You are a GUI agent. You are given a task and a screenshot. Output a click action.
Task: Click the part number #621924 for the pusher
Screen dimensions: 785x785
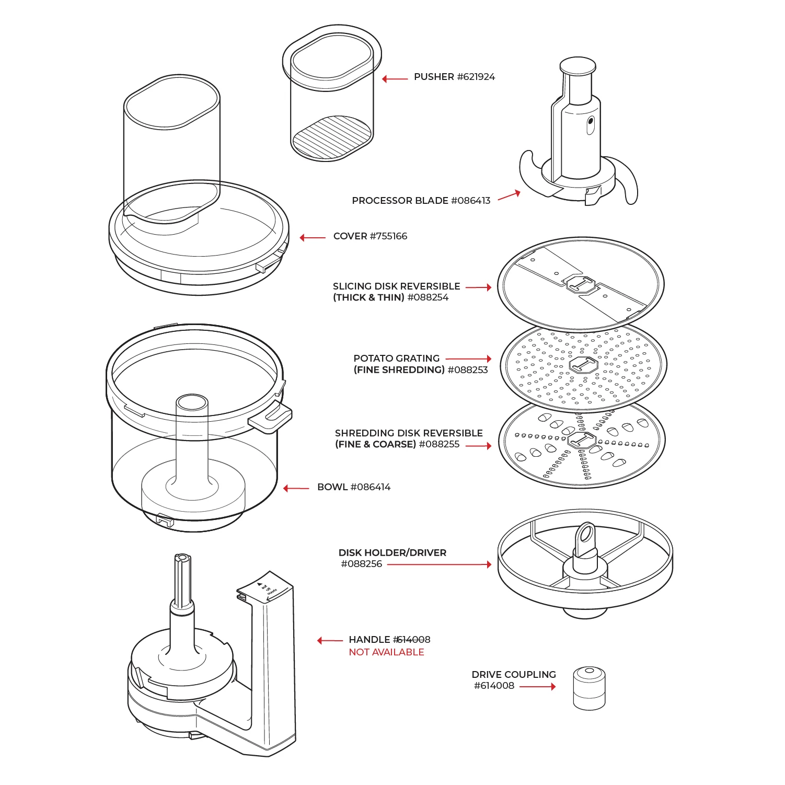pos(476,77)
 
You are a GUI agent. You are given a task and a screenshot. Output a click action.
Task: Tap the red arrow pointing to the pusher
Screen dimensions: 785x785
pos(395,79)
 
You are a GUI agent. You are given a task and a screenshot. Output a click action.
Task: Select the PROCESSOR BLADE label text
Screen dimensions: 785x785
pos(400,201)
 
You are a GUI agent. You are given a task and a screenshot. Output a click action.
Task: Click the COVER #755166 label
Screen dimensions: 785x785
pos(370,236)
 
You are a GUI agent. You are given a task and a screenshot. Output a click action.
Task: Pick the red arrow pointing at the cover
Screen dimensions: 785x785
pos(313,238)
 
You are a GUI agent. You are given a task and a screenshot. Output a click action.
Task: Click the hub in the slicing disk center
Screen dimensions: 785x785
pos(581,285)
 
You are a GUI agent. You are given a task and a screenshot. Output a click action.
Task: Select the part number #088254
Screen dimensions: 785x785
pos(428,297)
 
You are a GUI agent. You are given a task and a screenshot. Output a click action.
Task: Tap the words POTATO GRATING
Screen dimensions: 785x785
pos(396,359)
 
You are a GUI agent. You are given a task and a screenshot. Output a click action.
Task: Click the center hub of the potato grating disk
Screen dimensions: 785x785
pos(583,364)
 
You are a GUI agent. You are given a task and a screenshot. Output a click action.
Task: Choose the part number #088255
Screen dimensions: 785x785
pos(439,444)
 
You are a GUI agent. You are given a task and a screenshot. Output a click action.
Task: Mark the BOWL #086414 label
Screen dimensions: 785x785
pos(354,487)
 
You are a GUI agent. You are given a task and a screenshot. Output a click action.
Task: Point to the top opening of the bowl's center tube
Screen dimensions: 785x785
pos(192,402)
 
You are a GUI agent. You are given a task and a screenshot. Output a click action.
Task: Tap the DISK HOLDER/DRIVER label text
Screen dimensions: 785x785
pos(392,553)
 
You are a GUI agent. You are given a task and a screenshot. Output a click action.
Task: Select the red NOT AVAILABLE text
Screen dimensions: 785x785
pos(386,652)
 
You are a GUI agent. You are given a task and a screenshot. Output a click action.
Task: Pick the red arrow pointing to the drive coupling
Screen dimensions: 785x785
pos(537,686)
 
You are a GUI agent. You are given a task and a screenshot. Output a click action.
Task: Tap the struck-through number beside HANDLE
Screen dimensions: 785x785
pos(412,640)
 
